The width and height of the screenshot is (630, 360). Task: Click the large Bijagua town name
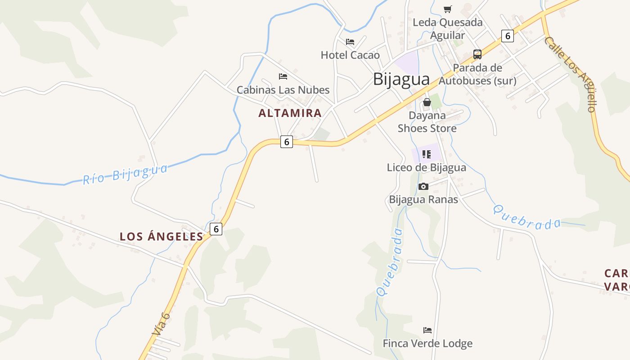401,79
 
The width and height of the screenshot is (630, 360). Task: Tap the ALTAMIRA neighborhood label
290,113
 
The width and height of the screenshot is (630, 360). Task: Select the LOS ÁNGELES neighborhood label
162,236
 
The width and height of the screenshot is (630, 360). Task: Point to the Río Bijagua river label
125,174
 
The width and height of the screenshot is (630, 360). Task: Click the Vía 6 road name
161,324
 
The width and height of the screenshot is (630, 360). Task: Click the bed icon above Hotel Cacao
350,42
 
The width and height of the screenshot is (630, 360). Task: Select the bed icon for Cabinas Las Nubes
283,76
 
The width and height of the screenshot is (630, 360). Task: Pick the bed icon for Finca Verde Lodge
427,330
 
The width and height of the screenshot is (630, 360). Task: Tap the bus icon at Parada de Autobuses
477,54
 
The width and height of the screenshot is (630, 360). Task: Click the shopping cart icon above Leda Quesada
447,9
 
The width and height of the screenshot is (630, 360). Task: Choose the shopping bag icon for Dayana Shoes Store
427,103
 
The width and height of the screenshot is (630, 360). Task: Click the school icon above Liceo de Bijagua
427,155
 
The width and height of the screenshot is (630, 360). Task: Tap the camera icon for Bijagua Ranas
423,186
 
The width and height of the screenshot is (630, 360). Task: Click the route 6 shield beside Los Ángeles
216,229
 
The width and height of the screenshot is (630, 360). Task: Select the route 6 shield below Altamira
286,142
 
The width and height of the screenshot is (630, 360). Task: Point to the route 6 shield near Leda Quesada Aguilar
508,36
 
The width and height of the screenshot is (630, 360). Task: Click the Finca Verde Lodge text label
427,343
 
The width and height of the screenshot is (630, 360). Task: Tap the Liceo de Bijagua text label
427,167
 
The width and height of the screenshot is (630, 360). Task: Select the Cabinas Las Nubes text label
283,90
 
